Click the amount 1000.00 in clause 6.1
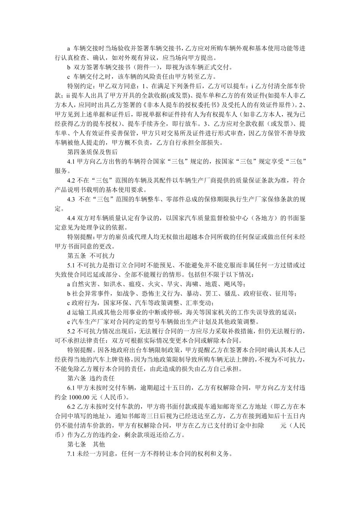[x=82, y=397]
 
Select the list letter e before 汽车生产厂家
[x=69, y=322]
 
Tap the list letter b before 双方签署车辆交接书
[x=69, y=67]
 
